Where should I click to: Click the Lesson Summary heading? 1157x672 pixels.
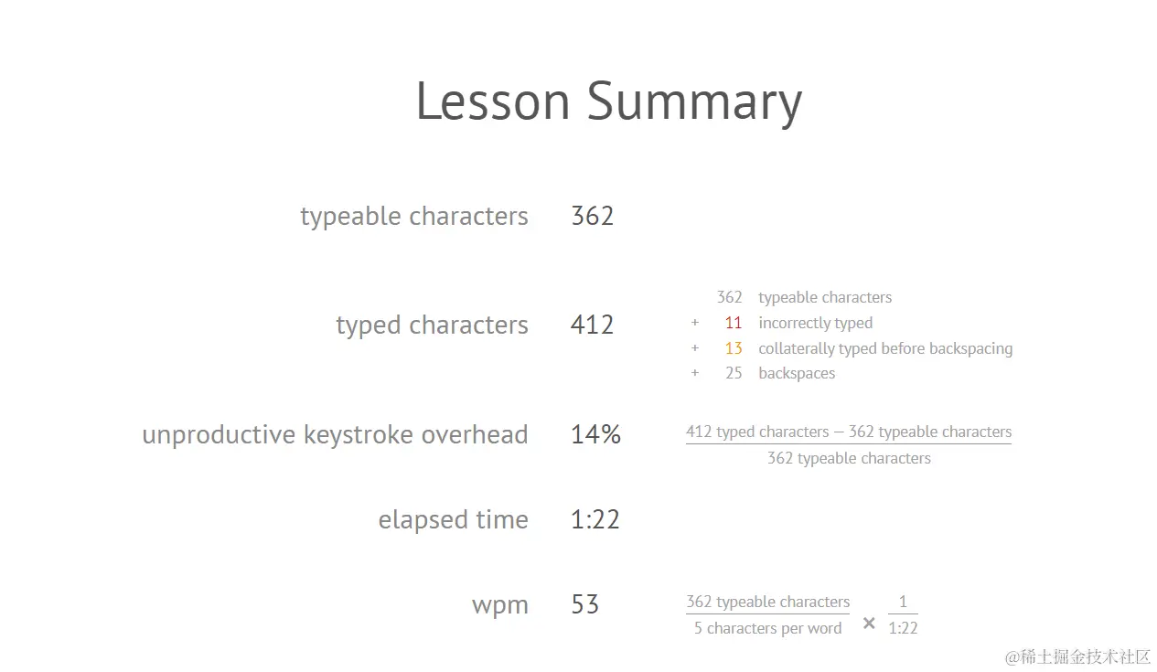pos(609,101)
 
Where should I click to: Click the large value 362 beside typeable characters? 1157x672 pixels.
pos(593,216)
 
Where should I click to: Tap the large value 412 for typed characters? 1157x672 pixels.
pos(593,325)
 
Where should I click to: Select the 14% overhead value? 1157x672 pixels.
pos(595,434)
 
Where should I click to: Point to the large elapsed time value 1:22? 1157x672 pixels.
pos(595,519)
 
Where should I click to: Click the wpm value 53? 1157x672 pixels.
pos(585,603)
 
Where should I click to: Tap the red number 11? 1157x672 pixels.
pos(734,323)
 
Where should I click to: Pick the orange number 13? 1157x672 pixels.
pos(734,348)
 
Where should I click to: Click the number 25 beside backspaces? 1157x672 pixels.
pos(734,373)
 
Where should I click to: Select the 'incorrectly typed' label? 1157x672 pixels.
pos(816,323)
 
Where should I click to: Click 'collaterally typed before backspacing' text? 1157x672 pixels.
pos(885,349)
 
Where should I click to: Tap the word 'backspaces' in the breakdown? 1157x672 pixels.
pos(797,374)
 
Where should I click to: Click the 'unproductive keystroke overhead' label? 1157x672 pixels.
pos(336,434)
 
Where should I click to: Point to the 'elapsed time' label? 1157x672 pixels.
pos(454,519)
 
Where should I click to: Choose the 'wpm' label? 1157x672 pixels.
pos(500,605)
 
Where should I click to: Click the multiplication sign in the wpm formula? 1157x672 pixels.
pos(869,624)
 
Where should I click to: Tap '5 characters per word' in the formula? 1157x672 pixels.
pos(768,628)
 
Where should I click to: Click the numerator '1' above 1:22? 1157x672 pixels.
pos(903,602)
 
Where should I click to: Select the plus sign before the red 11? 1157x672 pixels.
pos(695,323)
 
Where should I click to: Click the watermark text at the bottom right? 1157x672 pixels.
pos(1077,657)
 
